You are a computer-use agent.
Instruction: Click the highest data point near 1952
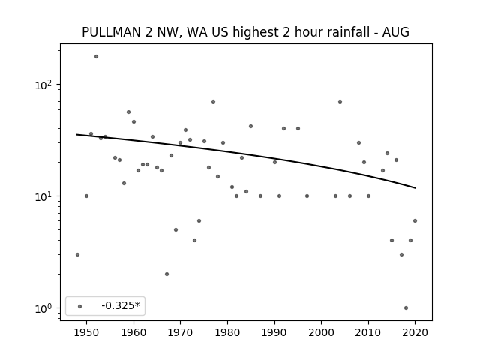[96, 57]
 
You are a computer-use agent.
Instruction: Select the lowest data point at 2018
[406, 308]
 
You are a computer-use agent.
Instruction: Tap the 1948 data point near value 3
[77, 255]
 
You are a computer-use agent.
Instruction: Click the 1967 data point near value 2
[166, 274]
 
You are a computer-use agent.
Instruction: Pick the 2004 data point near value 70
[340, 102]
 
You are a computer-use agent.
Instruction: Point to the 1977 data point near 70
[213, 102]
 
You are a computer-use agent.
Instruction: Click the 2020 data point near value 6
[415, 221]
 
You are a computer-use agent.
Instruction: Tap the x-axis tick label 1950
[86, 332]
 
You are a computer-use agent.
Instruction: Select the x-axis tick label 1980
[227, 332]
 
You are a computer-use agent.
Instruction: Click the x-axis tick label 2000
[322, 332]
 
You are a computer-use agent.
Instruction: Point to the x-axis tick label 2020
[415, 332]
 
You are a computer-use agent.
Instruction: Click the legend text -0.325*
[121, 305]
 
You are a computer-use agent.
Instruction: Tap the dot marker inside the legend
[80, 306]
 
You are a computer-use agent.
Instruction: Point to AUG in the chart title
[396, 32]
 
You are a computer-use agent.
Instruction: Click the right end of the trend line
[415, 188]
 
